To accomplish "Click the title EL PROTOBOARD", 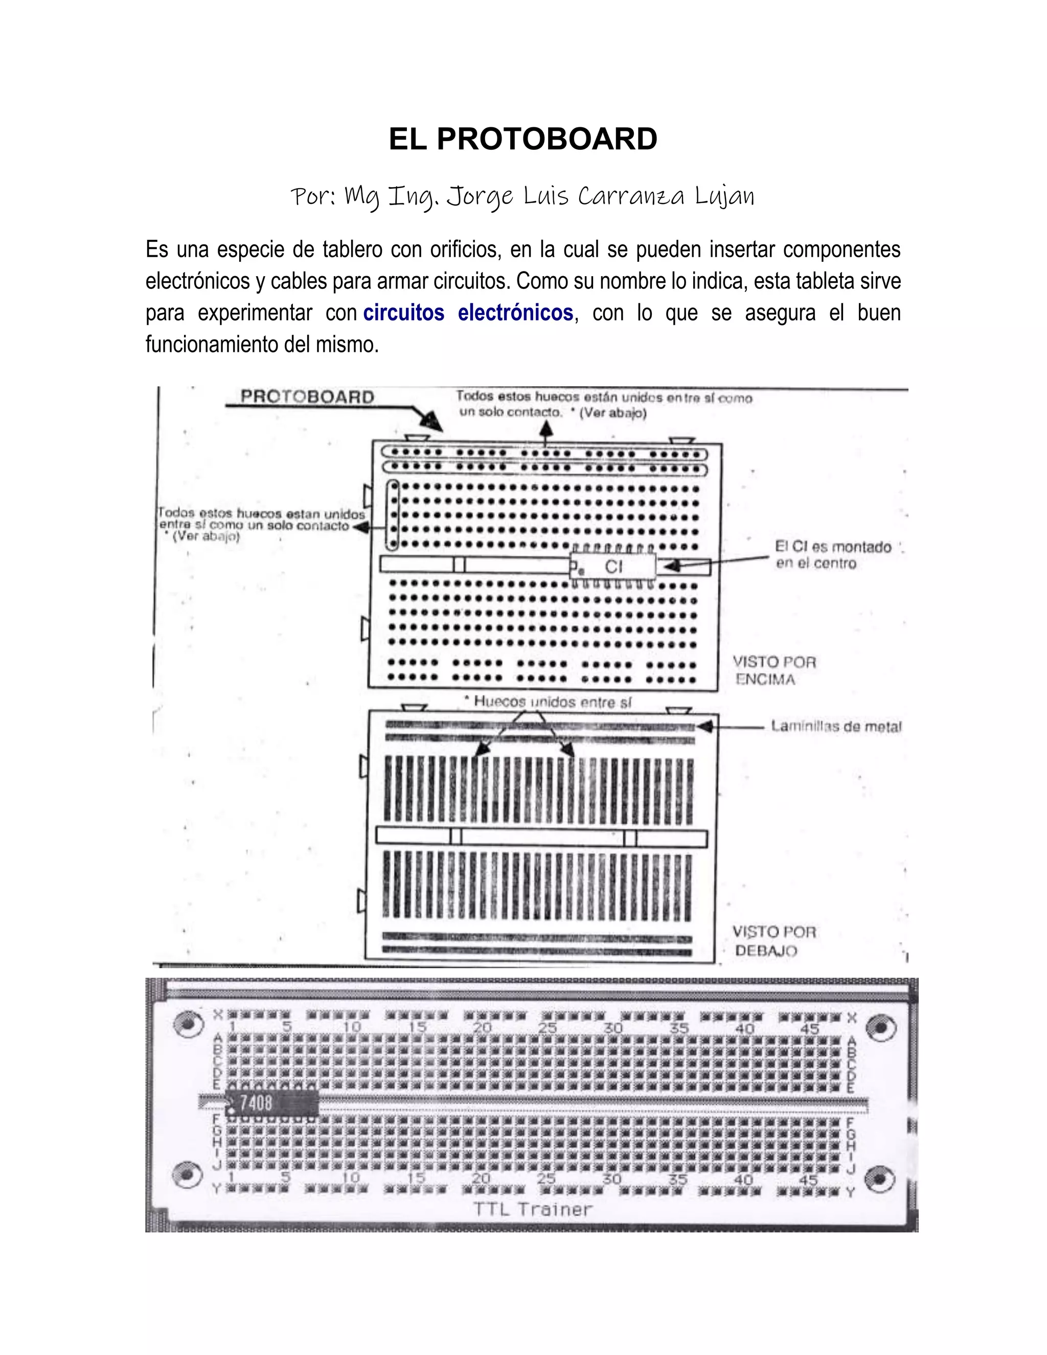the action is [523, 139].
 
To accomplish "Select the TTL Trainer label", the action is [533, 1209].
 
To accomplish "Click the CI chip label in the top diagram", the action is [613, 566].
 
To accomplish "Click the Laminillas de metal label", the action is [835, 726].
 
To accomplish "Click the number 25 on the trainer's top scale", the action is [547, 1028].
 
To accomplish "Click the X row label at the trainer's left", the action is [218, 1015].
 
